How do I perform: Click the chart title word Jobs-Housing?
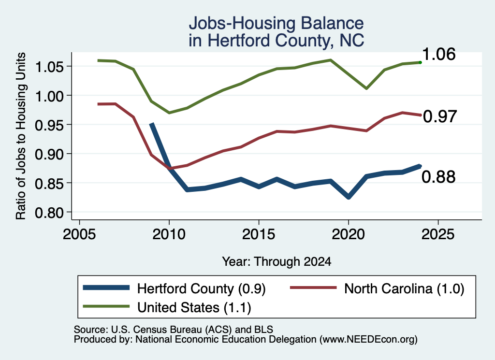(242, 23)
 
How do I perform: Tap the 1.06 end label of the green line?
(438, 54)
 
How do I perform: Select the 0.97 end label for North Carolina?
(440, 116)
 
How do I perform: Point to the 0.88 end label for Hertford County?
(438, 177)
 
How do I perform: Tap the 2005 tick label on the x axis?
(79, 234)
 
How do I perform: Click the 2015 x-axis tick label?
(259, 234)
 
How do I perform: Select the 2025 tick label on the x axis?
(438, 234)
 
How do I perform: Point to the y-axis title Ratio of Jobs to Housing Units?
(21, 136)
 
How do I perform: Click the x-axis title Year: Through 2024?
(277, 261)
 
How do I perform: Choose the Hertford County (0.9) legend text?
(201, 288)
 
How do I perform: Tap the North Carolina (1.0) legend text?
(404, 288)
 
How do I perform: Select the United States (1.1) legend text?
(194, 307)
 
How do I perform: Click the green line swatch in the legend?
(106, 306)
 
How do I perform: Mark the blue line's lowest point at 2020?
(349, 197)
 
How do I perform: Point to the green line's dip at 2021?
(366, 88)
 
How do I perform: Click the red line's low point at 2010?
(170, 169)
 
